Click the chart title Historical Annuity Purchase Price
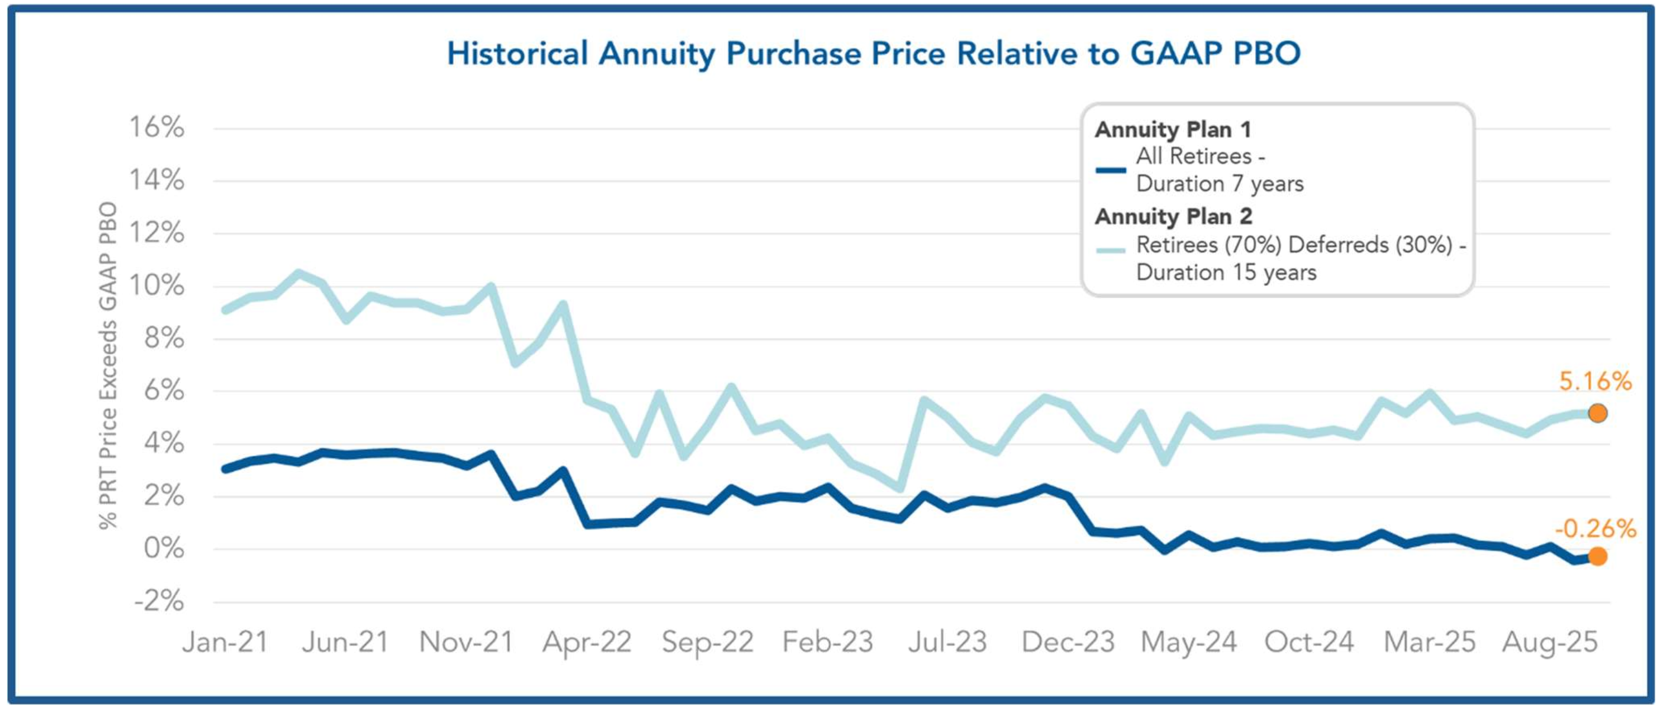[874, 54]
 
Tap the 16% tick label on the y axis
[157, 127]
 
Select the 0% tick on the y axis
[164, 548]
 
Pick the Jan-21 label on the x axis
[225, 642]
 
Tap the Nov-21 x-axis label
[466, 642]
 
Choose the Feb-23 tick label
[828, 642]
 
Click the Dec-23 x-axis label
[1068, 642]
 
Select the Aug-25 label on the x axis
[1550, 642]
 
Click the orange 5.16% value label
[1595, 382]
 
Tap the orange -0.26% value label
[1595, 529]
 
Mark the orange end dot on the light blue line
[1598, 413]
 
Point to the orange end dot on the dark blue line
[1598, 556]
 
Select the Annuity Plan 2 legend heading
[1174, 217]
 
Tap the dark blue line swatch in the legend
[1111, 170]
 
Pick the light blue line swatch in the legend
[1111, 251]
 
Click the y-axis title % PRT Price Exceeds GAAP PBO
[108, 365]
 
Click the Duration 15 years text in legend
[1226, 273]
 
